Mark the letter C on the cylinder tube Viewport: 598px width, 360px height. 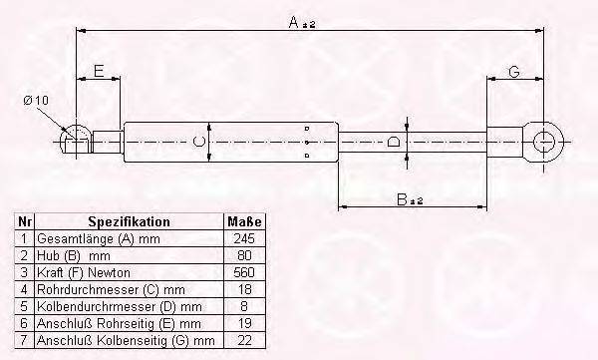[199, 142]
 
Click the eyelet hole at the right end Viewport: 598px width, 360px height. [545, 142]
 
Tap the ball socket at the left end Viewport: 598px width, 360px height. [73, 141]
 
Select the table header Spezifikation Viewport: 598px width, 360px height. [129, 221]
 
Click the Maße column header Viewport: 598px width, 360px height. [244, 221]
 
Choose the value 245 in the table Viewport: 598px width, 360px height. [244, 239]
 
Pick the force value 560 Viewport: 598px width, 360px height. [244, 272]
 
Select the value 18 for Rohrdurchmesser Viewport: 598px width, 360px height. [244, 290]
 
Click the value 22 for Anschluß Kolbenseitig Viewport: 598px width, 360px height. [244, 341]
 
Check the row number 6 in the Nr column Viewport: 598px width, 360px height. [23, 324]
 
